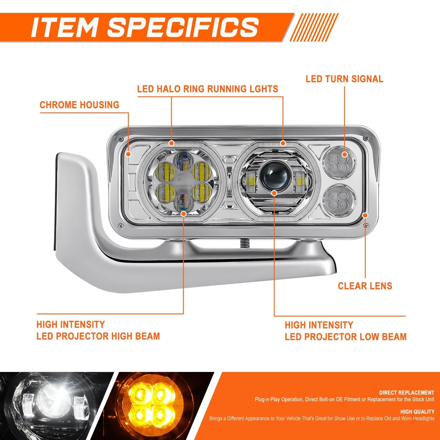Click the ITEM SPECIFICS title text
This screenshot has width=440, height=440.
pos(145,27)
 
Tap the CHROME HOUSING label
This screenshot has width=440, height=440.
pos(79,105)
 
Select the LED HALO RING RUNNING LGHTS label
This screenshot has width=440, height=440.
pos(208,89)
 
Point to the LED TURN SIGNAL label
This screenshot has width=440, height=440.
pos(344,79)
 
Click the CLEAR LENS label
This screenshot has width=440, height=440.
pos(365,286)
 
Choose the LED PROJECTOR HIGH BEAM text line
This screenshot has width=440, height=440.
pos(98,336)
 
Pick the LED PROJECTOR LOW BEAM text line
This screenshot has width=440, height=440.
pos(346,337)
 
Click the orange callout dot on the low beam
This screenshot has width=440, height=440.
pos(274,193)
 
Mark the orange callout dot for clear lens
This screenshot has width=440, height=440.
pos(365,215)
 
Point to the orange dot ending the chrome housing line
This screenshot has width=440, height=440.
pos(128,154)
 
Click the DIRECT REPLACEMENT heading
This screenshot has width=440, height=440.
pos(407,392)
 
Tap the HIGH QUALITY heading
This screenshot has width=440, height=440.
pos(417,412)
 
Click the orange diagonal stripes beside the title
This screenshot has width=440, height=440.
pos(314,27)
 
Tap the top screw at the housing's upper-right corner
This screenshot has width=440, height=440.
pos(365,138)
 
